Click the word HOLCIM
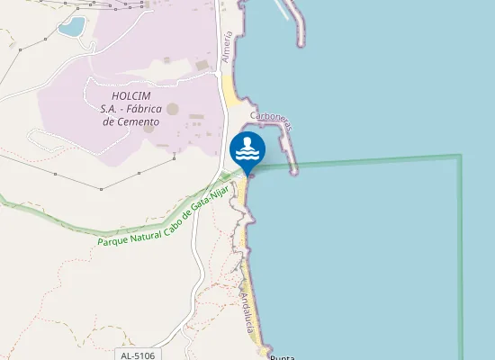[130, 95]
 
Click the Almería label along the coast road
[227, 46]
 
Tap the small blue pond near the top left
[71, 26]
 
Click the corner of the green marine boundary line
[461, 156]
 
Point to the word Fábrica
[142, 108]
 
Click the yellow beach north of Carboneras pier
[231, 87]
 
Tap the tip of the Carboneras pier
[293, 171]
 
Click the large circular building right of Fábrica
[173, 109]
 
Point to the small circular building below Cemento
[148, 128]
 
